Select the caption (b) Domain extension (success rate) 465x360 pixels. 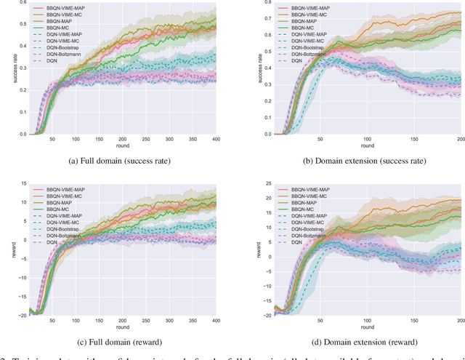point(357,161)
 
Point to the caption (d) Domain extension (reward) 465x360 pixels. point(357,340)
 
